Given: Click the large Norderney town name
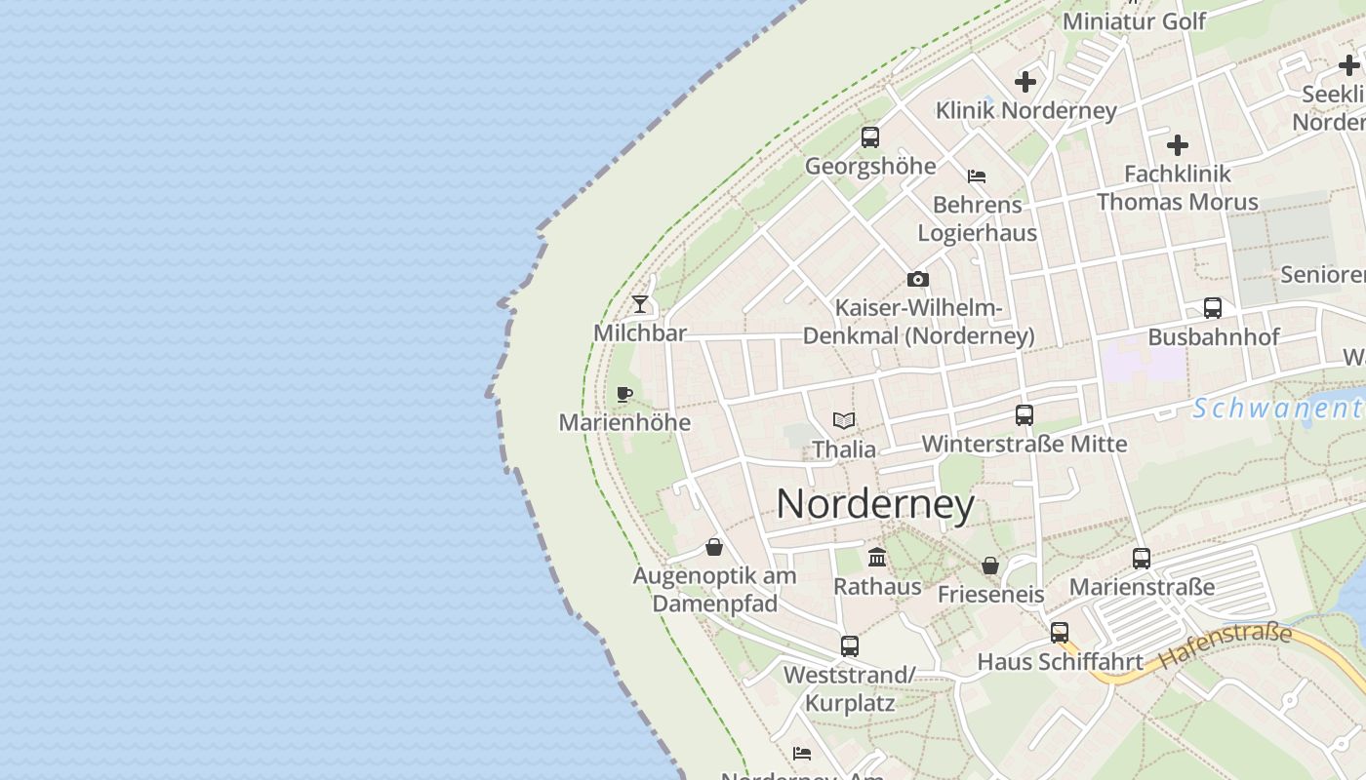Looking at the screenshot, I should point(875,504).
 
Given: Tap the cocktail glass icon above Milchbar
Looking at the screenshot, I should point(640,304).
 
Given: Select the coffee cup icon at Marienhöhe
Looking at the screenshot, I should point(624,394).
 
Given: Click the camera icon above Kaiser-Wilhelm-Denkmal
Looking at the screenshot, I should point(917,280).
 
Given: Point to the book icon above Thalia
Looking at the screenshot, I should point(844,420).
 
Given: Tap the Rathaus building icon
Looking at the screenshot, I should point(877,557).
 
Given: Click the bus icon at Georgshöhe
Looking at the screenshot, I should point(870,137).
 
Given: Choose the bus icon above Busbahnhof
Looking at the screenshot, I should point(1213,308).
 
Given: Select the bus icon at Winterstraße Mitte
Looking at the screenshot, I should point(1024,415).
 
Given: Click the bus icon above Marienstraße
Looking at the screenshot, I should point(1142,559).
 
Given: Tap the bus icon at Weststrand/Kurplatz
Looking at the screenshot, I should point(850,645).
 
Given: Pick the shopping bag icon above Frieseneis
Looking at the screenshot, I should point(990,565).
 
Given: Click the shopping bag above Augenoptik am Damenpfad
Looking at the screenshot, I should point(714,547).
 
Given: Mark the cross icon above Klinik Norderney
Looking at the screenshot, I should point(1025,82).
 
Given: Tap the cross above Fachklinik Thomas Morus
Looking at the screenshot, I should point(1178,145).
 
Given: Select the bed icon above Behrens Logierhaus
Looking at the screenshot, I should point(977,176).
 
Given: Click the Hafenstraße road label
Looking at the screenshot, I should point(1226,645).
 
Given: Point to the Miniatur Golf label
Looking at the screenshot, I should point(1134,20).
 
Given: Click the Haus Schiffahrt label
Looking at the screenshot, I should point(1060,661).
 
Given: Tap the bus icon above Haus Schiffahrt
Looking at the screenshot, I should point(1060,632).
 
